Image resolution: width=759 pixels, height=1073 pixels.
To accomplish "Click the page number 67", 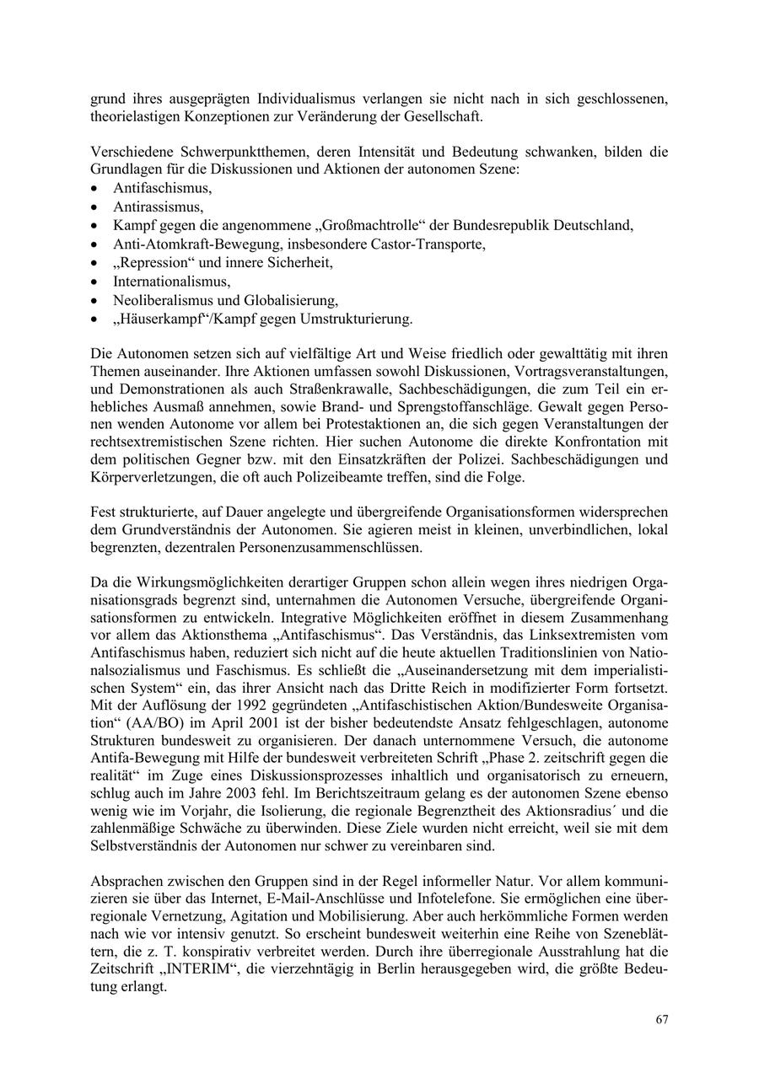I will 662,1020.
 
